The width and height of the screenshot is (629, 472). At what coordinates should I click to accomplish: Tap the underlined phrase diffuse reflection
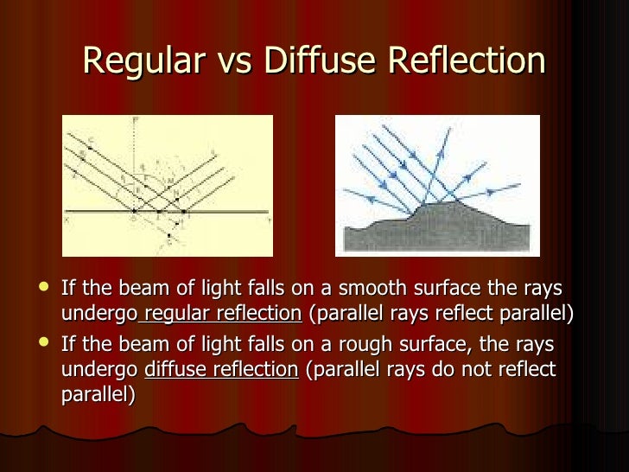(x=220, y=370)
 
